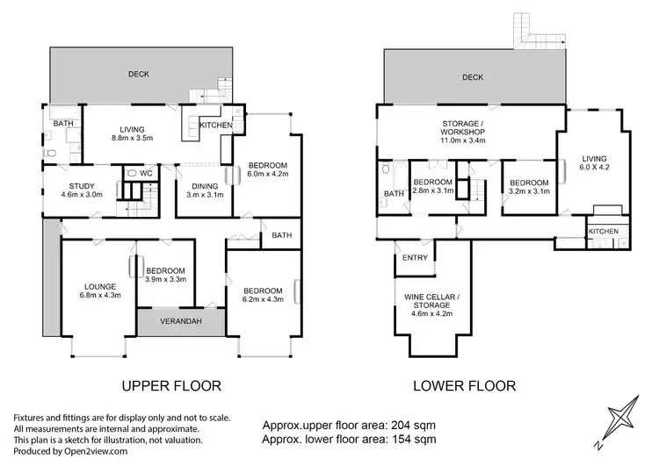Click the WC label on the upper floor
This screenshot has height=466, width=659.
146,174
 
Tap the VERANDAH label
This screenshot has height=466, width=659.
181,321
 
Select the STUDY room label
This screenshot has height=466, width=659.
82,186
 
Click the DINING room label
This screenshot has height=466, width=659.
205,186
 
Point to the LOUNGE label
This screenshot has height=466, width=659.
100,287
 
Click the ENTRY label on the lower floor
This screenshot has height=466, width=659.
415,258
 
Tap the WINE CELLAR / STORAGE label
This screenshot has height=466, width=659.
431,301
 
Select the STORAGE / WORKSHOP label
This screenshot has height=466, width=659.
462,127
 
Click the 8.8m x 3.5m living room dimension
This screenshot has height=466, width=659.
132,138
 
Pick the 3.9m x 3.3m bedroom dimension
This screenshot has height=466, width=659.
165,279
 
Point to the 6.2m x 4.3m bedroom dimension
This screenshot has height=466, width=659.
263,299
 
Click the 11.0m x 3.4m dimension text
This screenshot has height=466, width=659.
462,140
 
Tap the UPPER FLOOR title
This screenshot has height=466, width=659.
171,386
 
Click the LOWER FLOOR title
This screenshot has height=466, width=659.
465,386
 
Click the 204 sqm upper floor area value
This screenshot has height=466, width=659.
414,426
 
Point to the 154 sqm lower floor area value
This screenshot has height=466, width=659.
414,440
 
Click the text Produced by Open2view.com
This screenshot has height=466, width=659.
70,451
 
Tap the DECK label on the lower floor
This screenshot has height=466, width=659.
473,77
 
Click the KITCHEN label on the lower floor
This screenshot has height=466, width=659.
604,232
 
